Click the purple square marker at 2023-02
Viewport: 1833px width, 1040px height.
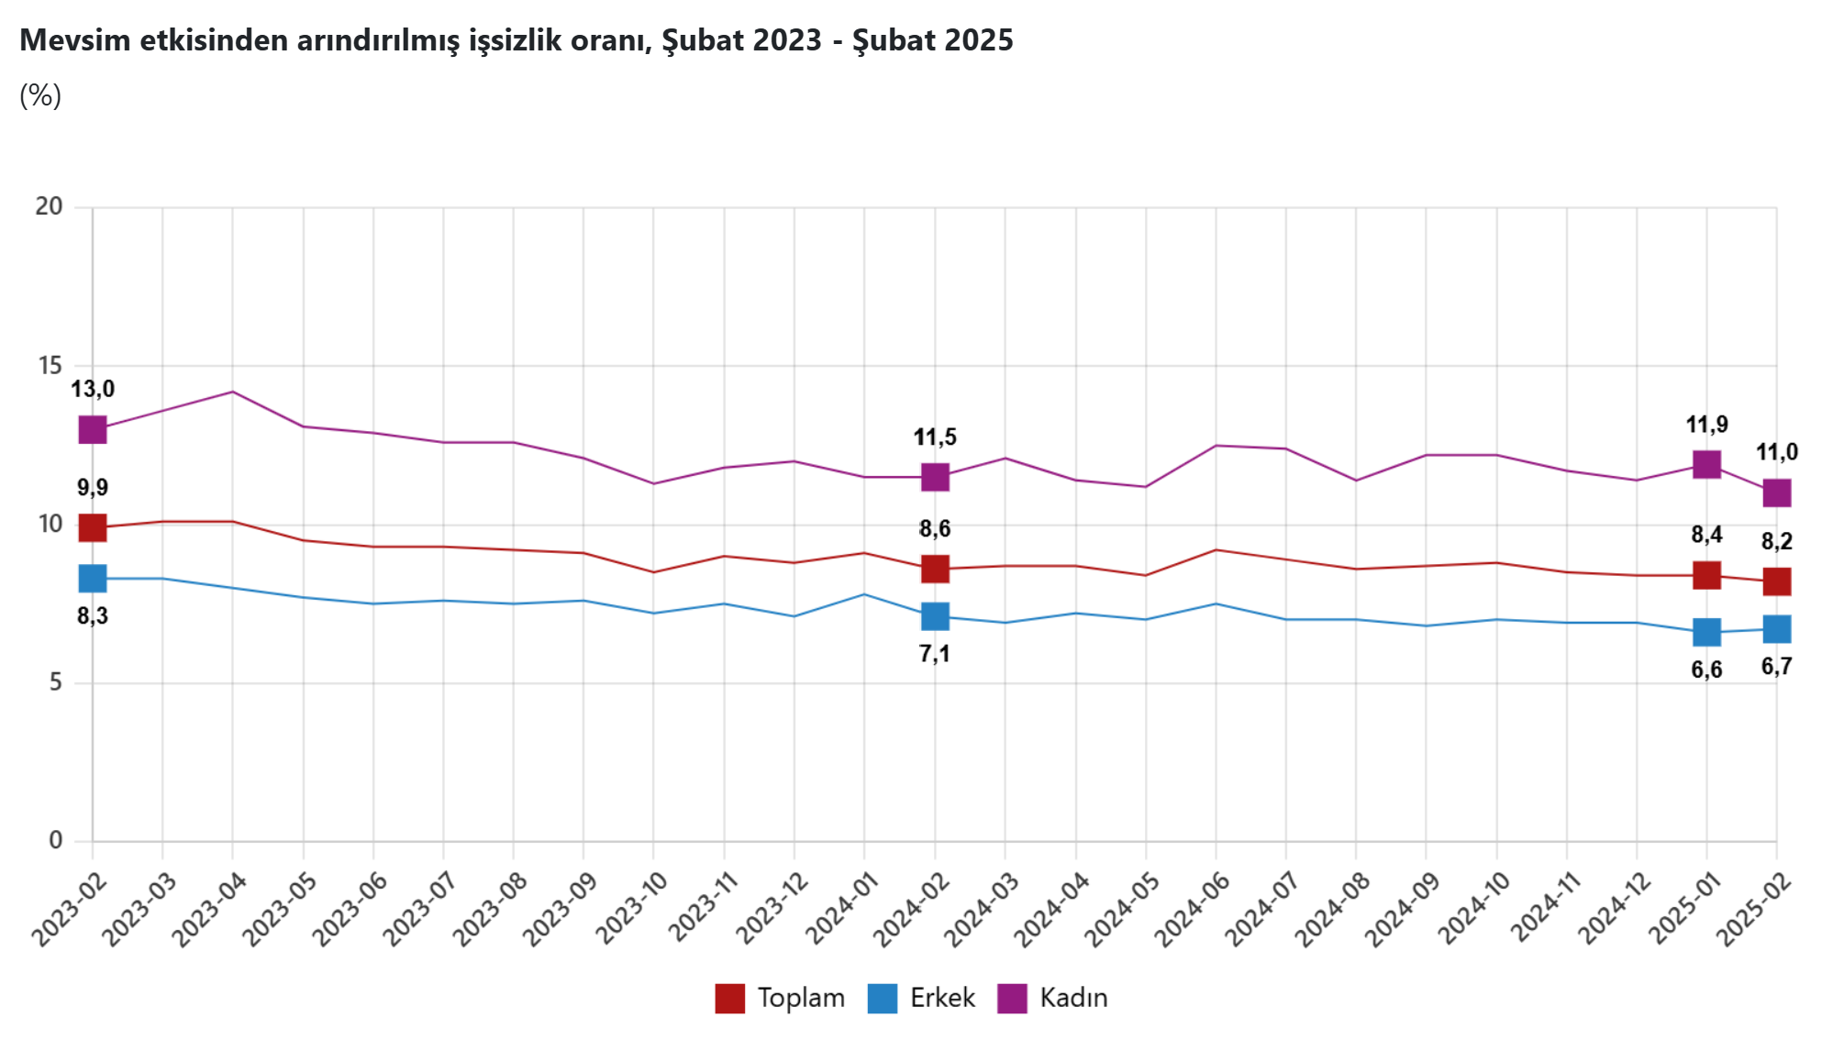tap(93, 429)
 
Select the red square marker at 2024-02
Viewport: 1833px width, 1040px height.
tap(935, 569)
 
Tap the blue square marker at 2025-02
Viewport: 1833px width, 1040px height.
tap(1777, 629)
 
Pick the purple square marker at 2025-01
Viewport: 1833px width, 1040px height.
tap(1706, 464)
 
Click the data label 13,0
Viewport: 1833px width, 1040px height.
tap(93, 389)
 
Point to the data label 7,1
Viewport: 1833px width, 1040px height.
tap(935, 654)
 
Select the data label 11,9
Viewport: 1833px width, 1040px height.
tap(1706, 425)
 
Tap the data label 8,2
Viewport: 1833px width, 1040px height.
tap(1777, 541)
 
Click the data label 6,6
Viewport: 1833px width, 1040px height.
tap(1706, 669)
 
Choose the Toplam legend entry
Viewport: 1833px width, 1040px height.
tap(781, 998)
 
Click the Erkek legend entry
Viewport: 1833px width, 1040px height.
tap(922, 998)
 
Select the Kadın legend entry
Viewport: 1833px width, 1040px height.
tap(1053, 998)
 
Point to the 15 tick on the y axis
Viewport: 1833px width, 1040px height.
tap(50, 366)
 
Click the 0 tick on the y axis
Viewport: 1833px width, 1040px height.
tap(56, 840)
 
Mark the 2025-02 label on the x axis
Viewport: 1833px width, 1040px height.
tap(1754, 909)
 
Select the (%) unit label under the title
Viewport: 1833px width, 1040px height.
tap(40, 95)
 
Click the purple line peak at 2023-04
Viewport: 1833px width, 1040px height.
tap(233, 392)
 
